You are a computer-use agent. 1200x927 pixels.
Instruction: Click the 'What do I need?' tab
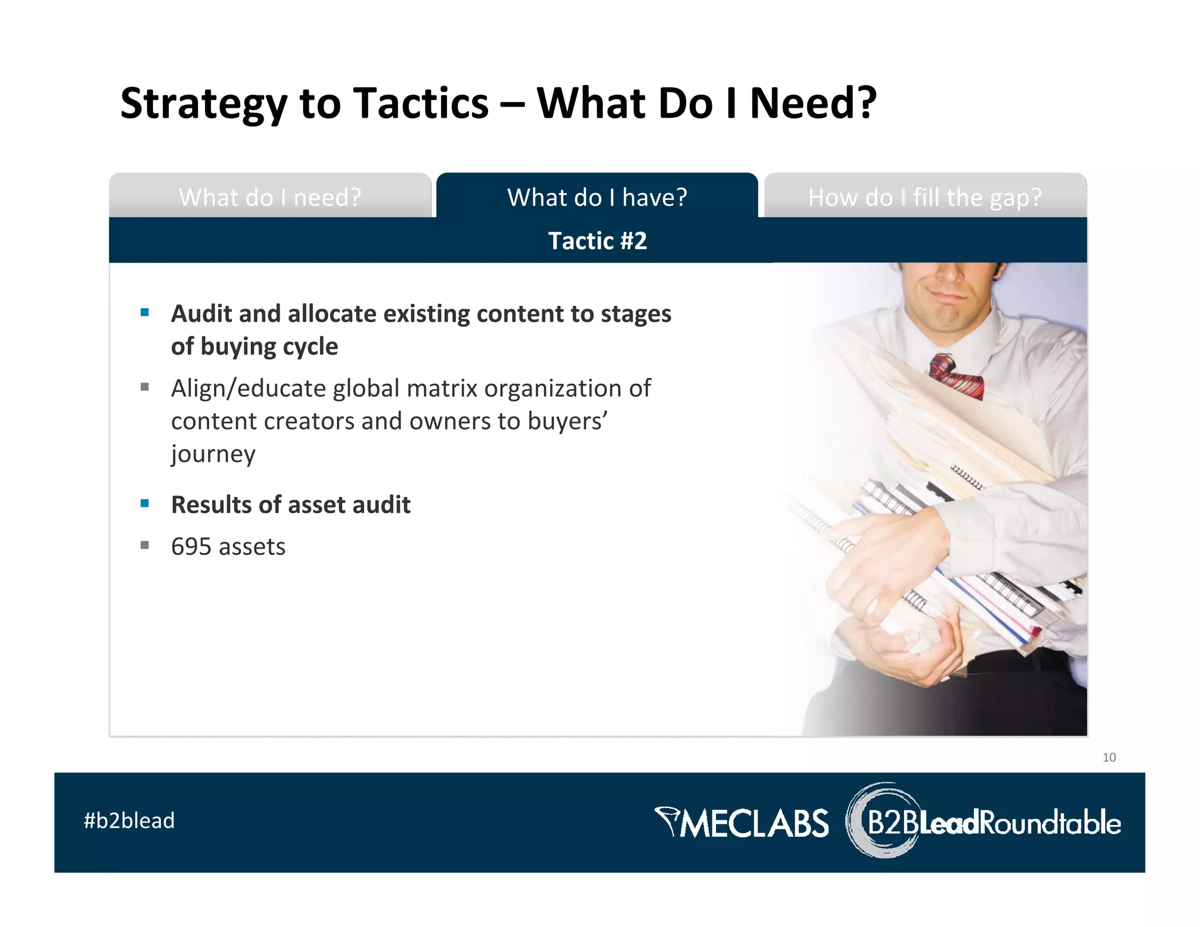[270, 197]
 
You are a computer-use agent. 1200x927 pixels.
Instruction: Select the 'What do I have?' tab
[597, 197]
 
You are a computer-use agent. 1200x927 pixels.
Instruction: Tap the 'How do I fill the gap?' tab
[925, 197]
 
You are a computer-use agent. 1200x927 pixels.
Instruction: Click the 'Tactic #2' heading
[597, 241]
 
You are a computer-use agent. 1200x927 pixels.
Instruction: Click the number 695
[191, 547]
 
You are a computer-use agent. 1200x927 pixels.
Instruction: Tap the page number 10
[1109, 757]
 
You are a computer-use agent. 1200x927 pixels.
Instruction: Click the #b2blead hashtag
[129, 820]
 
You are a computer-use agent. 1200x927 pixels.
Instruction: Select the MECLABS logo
[742, 822]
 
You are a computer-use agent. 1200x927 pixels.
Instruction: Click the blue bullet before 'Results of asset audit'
[145, 503]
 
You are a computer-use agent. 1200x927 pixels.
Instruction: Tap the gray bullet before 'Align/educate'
[145, 387]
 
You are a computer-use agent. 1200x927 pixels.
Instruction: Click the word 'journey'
[213, 454]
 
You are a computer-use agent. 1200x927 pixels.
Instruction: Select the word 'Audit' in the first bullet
[202, 313]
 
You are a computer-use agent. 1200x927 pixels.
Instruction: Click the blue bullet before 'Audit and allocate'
[145, 312]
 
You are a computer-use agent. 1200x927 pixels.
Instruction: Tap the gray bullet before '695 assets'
[145, 545]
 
